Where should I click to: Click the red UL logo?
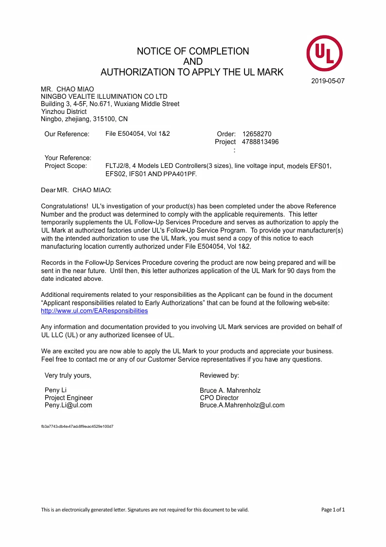pyautogui.click(x=324, y=54)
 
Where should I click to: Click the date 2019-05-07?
pyautogui.click(x=328, y=81)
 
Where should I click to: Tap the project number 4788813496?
pyautogui.click(x=260, y=142)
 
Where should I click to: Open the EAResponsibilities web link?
pyautogui.click(x=94, y=310)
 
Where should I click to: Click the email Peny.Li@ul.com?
pyautogui.click(x=68, y=405)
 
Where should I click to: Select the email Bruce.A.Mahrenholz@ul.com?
pyautogui.click(x=242, y=405)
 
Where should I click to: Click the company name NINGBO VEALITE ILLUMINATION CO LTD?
pyautogui.click(x=104, y=96)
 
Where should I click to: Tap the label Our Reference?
pyautogui.click(x=67, y=134)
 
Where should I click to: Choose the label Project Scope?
pyautogui.click(x=66, y=166)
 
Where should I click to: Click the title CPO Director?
pyautogui.click(x=219, y=398)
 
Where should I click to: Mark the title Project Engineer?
pyautogui.click(x=69, y=398)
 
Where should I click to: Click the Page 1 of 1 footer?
pyautogui.click(x=333, y=510)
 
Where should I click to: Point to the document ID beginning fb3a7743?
pyautogui.click(x=77, y=426)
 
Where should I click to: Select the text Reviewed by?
pyautogui.click(x=219, y=375)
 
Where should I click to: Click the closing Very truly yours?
pyautogui.click(x=68, y=375)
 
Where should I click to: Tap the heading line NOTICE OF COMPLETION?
pyautogui.click(x=193, y=51)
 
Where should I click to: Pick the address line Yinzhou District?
pyautogui.click(x=64, y=111)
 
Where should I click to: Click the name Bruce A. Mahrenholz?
pyautogui.click(x=230, y=390)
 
